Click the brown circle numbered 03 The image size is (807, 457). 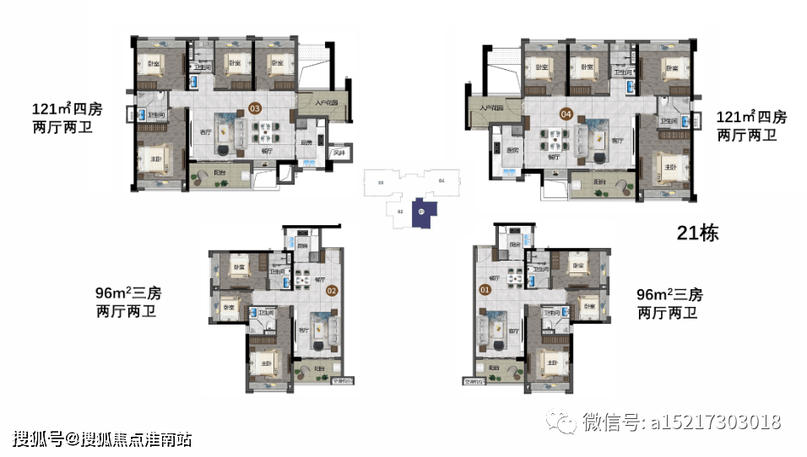point(254,108)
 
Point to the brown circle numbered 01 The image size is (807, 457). point(485,290)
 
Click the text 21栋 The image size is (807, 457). point(697,234)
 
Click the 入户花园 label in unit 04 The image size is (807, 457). point(490,108)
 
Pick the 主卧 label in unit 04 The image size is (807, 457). point(670,167)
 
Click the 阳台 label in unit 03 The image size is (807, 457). point(219,172)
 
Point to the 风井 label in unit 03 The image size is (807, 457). point(340,153)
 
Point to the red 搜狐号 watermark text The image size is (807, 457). point(38,438)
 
